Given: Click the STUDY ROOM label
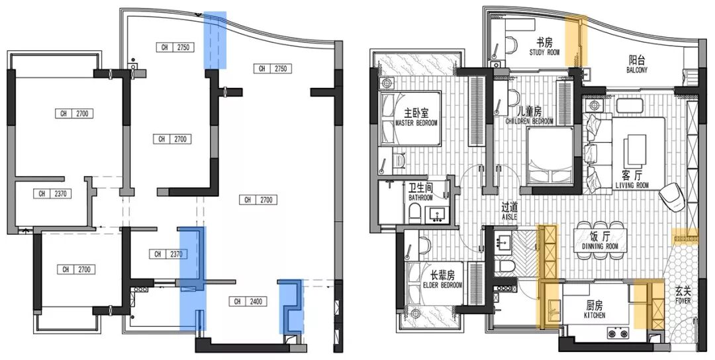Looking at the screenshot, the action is click(x=544, y=52).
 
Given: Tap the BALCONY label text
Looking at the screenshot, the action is click(x=638, y=70).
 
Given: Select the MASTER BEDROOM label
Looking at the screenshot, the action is click(x=416, y=123).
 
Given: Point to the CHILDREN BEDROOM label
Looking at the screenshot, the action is click(x=529, y=122).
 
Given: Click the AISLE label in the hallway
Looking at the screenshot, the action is click(x=509, y=217).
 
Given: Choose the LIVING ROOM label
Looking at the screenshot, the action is click(x=632, y=185).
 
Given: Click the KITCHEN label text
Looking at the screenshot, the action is click(x=595, y=316).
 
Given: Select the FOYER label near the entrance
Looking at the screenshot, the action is click(x=683, y=301).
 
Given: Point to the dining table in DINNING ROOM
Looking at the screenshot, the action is click(x=600, y=240).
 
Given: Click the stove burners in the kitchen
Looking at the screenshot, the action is click(x=618, y=333).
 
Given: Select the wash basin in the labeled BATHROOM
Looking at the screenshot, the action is click(x=438, y=215).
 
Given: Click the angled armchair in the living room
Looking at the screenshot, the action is click(x=670, y=196).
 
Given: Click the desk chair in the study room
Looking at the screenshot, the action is click(x=512, y=44).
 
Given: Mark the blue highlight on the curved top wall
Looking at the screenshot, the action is click(x=215, y=40).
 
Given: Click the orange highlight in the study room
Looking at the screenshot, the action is click(x=577, y=40).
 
